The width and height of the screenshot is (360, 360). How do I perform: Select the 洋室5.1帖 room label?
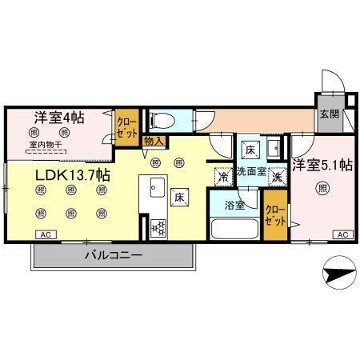point(322,166)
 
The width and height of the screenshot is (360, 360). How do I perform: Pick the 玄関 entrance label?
point(329,114)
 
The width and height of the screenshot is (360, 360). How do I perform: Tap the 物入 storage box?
point(154,141)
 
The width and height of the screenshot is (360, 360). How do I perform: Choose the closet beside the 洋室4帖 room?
point(126,126)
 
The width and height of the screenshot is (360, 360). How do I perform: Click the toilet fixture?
point(162,120)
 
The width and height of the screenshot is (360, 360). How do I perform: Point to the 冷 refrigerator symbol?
point(221,176)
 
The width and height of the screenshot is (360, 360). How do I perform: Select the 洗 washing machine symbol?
point(277,176)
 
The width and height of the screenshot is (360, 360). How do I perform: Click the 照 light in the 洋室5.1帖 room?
point(322,189)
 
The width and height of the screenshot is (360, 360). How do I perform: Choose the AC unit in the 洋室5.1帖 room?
point(342,234)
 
